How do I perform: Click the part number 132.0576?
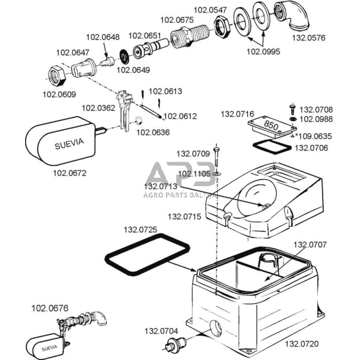point(309,38)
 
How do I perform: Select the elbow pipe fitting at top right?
point(293,16)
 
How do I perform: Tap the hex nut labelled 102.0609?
point(57,76)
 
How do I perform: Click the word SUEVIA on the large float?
point(69,144)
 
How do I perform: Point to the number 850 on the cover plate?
point(271,126)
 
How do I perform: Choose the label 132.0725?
point(141,230)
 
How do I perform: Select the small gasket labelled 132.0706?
point(272,147)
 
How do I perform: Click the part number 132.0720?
point(302,344)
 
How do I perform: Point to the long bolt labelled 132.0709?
point(216,157)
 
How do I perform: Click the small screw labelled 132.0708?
point(292,109)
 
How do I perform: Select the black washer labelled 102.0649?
point(125,56)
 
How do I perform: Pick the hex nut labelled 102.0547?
point(221,27)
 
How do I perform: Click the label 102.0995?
point(263,51)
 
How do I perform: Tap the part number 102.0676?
point(50,308)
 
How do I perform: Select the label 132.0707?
point(310,245)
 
